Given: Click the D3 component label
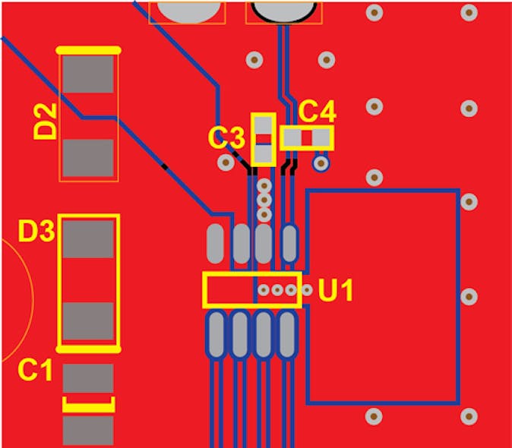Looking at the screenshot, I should [35, 232].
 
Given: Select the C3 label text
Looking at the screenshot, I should [226, 137].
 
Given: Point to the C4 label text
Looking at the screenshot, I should [317, 112].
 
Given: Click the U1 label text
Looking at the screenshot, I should [335, 290].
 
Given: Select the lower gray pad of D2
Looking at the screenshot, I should [88, 157].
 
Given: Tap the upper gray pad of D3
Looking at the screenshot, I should [88, 239].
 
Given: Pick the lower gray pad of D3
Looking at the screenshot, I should [88, 321].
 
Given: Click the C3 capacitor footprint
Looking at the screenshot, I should [263, 139].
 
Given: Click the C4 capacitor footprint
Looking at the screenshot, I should [306, 138].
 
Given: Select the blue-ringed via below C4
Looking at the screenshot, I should [321, 162].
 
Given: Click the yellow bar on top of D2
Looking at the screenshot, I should [88, 50].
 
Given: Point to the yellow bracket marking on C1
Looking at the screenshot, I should [88, 404].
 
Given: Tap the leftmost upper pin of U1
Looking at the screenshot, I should [216, 243].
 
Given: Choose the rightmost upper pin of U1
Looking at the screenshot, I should [289, 243].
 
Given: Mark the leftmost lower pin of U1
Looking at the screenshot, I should [216, 335].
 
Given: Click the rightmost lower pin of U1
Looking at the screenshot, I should [286, 335].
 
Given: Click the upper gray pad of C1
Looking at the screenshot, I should [88, 378].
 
